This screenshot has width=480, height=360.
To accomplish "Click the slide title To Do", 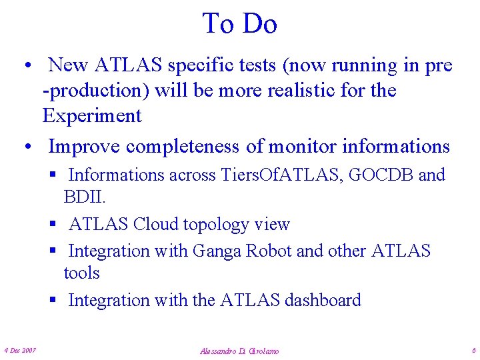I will (x=239, y=24).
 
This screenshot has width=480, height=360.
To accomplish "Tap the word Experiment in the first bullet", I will (x=92, y=116).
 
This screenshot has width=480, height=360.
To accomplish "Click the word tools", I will (x=81, y=273).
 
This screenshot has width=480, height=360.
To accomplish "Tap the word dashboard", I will (x=323, y=300).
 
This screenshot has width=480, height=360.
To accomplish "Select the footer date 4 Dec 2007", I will (x=20, y=350).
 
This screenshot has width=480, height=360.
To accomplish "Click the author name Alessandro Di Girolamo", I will (x=239, y=351).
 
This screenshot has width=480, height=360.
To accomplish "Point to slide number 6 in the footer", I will (x=473, y=350).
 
